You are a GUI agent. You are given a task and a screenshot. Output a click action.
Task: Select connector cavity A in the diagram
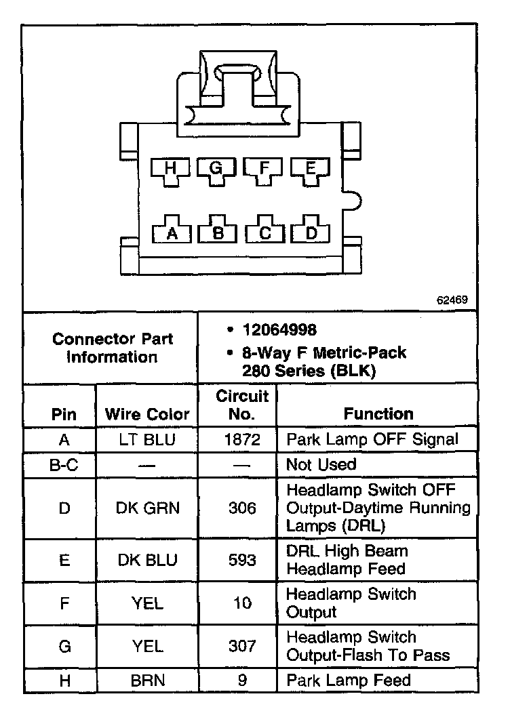(172, 232)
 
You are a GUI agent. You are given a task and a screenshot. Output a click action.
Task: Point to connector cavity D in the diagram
(311, 232)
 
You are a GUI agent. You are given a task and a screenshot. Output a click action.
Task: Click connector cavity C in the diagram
(265, 232)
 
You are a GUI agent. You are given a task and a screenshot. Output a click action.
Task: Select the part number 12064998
(280, 331)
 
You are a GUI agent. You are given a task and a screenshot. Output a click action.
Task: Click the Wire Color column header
(147, 414)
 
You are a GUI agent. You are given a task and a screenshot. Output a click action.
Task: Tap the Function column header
(378, 413)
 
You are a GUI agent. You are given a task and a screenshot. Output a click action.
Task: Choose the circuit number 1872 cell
(242, 439)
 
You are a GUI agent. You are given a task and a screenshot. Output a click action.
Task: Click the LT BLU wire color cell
(147, 439)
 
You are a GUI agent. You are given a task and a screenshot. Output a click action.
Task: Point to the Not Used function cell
(321, 465)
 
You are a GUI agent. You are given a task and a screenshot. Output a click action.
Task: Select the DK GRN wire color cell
(147, 508)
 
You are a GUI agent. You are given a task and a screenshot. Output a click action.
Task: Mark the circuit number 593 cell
(242, 560)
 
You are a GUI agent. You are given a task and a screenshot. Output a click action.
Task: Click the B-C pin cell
(64, 465)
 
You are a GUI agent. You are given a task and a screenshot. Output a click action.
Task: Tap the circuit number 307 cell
(242, 646)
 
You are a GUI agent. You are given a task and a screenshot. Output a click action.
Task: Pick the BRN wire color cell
(147, 680)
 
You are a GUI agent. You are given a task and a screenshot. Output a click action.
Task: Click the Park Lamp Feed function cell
(349, 680)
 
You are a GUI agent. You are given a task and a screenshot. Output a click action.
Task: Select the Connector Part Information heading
(113, 347)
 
